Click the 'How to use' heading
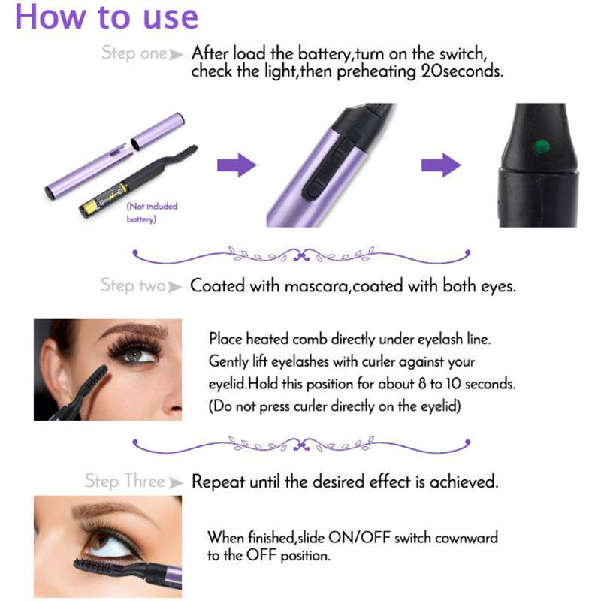click(x=107, y=17)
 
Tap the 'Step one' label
click(x=134, y=53)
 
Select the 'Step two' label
click(x=133, y=285)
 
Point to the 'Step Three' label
click(x=125, y=481)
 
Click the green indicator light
click(x=541, y=146)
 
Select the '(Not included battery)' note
click(x=152, y=213)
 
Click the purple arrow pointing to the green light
click(x=441, y=165)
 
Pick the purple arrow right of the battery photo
click(x=237, y=165)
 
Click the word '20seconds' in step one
click(x=461, y=71)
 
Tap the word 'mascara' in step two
click(x=316, y=286)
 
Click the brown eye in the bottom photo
click(x=101, y=540)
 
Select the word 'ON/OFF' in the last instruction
click(x=359, y=537)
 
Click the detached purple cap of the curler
click(x=158, y=131)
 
